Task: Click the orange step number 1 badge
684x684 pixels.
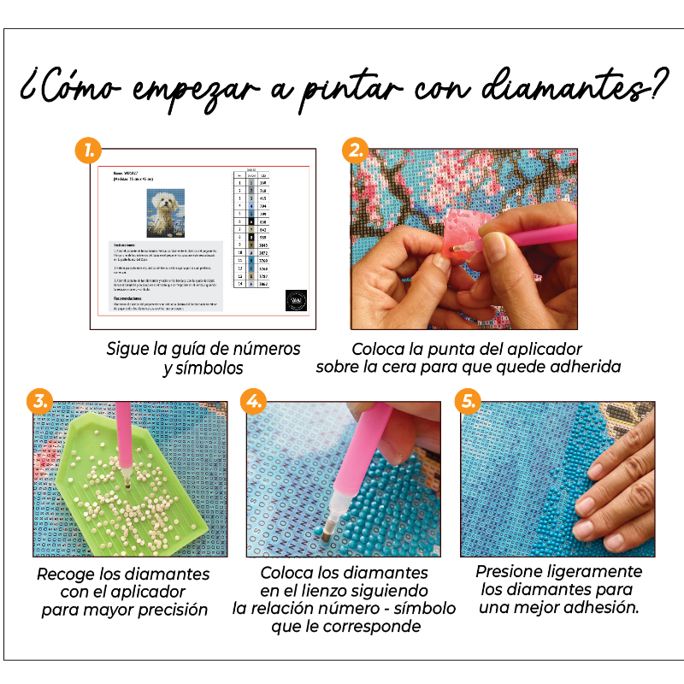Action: (88, 152)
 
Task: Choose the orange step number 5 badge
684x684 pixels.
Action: (467, 400)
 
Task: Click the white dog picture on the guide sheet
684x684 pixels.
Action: (165, 212)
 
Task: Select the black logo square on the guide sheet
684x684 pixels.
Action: (295, 302)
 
